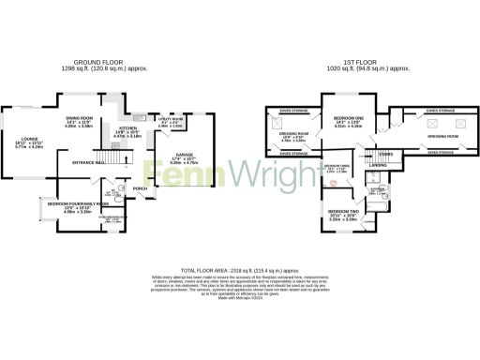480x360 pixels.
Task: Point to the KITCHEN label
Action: point(129,127)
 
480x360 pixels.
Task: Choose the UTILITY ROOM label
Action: point(171,119)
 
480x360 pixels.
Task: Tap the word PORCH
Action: point(141,188)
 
